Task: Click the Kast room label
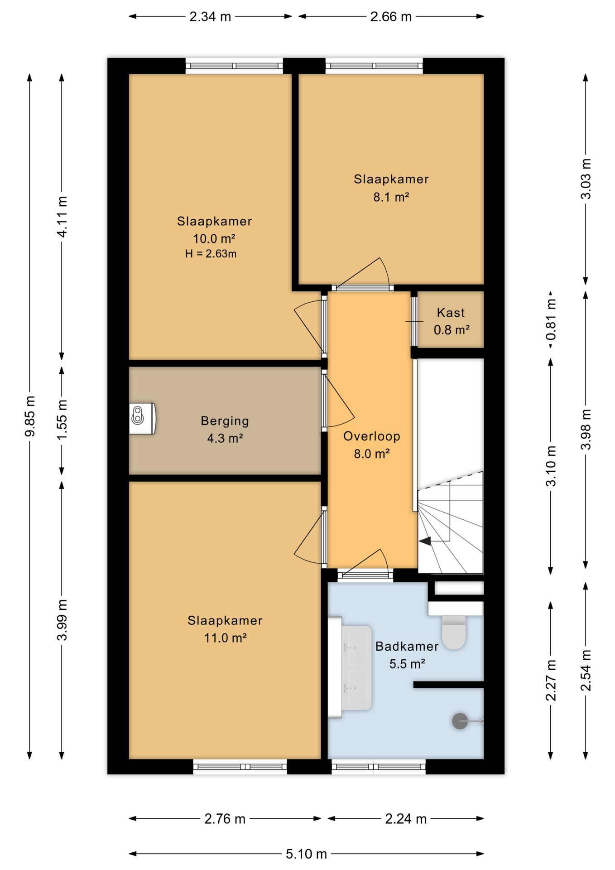pyautogui.click(x=451, y=313)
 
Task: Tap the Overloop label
pyautogui.click(x=372, y=436)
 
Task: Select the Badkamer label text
pyautogui.click(x=407, y=647)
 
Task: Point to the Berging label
pyautogui.click(x=225, y=421)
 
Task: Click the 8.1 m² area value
pyautogui.click(x=391, y=197)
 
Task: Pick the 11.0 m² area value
pyautogui.click(x=225, y=638)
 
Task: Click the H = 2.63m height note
pyautogui.click(x=211, y=254)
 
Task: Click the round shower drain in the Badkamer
pyautogui.click(x=460, y=721)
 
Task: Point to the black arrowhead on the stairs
pyautogui.click(x=425, y=541)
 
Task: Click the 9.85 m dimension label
pyautogui.click(x=30, y=416)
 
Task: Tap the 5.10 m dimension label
pyautogui.click(x=306, y=854)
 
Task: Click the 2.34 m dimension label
pyautogui.click(x=210, y=17)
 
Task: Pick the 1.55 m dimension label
pyautogui.click(x=62, y=420)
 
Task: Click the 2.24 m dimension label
pyautogui.click(x=406, y=819)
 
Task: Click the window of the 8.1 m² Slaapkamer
pyautogui.click(x=374, y=66)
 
